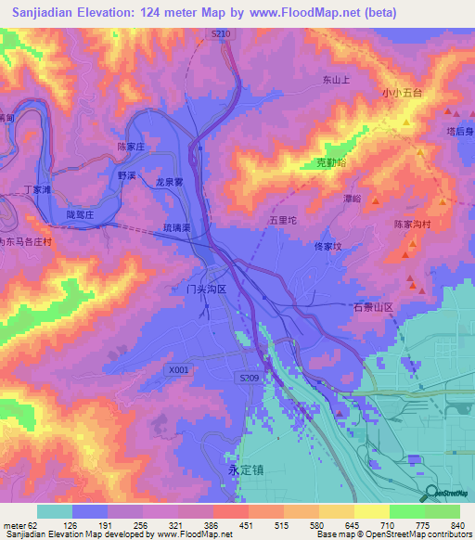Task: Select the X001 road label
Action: (179, 369)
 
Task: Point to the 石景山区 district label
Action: (374, 306)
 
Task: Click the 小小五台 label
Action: (402, 94)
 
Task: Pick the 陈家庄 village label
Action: (133, 147)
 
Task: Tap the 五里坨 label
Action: (282, 221)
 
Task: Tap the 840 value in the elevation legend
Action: (455, 526)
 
